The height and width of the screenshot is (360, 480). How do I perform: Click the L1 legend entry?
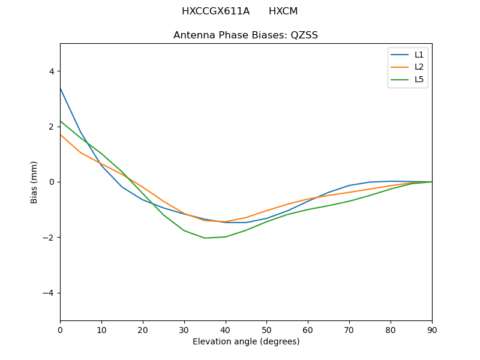click(x=419, y=55)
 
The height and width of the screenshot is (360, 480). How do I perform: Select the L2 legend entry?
click(x=419, y=67)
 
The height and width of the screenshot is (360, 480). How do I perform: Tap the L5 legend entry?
click(x=419, y=79)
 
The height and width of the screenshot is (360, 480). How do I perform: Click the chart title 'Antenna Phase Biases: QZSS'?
click(x=245, y=35)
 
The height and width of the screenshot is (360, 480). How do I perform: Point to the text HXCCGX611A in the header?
click(x=215, y=11)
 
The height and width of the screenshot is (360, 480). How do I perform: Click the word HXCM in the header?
click(x=283, y=11)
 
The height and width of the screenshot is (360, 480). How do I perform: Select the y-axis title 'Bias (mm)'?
click(x=35, y=182)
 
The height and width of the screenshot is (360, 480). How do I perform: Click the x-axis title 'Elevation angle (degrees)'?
click(x=245, y=342)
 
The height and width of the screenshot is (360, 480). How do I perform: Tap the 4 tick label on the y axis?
click(x=51, y=71)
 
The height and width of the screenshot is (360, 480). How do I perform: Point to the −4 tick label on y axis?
click(x=49, y=293)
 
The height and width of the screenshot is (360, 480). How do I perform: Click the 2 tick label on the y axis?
click(x=51, y=127)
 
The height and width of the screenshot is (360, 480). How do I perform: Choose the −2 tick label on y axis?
click(x=49, y=238)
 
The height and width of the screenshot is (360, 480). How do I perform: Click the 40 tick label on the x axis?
click(x=225, y=329)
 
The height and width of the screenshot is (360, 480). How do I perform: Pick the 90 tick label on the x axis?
click(x=431, y=329)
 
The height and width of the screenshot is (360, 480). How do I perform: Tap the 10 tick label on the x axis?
click(x=101, y=329)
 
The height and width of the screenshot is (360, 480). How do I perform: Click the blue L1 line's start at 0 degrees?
click(x=61, y=88)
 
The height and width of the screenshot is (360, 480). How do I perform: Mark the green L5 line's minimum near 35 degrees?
click(x=205, y=238)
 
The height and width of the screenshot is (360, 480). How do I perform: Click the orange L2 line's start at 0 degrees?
click(x=61, y=134)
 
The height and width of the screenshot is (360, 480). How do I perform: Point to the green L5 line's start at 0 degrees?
click(x=61, y=121)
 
